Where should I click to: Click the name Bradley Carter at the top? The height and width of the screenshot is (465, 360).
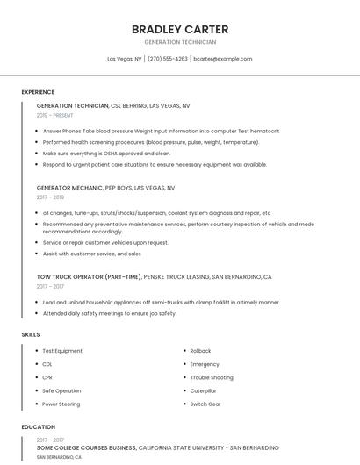pos(179,29)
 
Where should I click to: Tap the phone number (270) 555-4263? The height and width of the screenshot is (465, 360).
pos(168,59)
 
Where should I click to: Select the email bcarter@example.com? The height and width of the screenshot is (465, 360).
pos(222,59)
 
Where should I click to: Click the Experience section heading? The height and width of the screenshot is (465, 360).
pos(38,92)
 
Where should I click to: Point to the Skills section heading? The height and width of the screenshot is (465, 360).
pos(31,334)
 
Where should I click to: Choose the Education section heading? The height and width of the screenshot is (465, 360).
pos(38,426)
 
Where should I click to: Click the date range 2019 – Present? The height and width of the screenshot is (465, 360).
pos(55,115)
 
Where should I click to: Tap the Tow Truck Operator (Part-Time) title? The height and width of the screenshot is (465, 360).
pos(89,276)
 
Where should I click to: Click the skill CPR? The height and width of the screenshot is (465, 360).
pos(47,377)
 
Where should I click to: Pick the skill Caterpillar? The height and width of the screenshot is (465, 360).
pos(204,390)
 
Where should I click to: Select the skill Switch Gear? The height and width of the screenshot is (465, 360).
pos(205,404)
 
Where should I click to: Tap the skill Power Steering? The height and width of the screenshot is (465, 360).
pos(61,404)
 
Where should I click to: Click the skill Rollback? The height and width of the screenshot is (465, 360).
pos(200,351)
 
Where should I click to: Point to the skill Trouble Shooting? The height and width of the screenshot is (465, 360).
pos(212,377)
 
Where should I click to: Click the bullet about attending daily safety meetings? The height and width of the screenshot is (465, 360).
pos(109,313)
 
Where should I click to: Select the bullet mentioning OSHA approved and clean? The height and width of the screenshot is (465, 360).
pos(106,153)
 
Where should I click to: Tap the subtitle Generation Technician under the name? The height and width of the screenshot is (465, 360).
pos(179,42)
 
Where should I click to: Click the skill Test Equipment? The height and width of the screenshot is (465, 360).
pos(62,351)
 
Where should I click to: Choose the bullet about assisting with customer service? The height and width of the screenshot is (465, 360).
pos(91,254)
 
